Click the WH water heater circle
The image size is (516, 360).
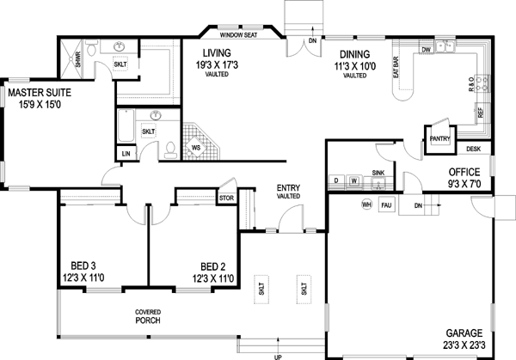[x=365, y=205]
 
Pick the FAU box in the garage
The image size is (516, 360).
[x=387, y=205]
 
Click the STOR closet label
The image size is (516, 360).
[x=226, y=197]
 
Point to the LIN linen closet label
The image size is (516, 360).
[x=126, y=153]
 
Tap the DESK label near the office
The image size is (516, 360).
[x=474, y=149]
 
